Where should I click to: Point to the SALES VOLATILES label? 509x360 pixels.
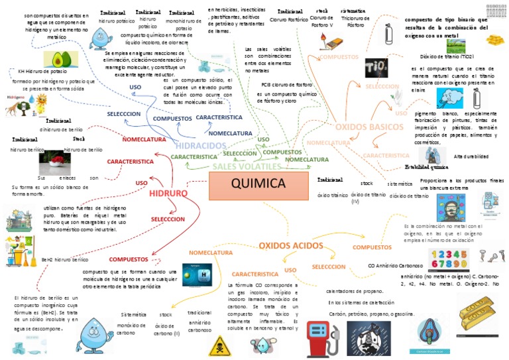pyautogui.click(x=243, y=166)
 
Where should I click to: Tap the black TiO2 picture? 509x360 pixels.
pyautogui.click(x=376, y=68)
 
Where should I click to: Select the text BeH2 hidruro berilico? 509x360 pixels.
pyautogui.click(x=64, y=260)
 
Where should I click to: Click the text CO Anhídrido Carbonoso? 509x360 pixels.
pyautogui.click(x=400, y=265)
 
